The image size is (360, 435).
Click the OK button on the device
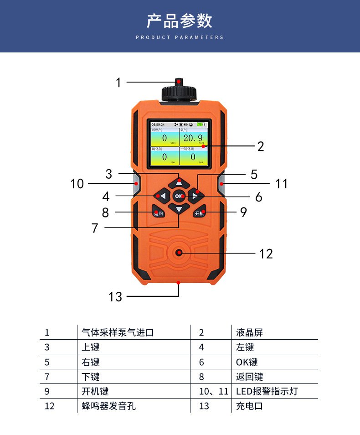(178, 196)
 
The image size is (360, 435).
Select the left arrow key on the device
(161, 196)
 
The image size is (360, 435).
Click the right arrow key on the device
(195, 197)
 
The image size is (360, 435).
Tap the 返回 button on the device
(158, 212)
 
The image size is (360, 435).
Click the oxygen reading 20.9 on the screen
(193, 138)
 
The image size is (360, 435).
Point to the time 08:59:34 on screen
(158, 124)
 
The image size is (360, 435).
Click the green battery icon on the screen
(201, 124)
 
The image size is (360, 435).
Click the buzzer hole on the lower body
(179, 253)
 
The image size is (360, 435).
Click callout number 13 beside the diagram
(115, 297)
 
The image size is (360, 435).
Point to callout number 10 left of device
(77, 184)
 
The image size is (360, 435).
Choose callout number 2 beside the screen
(260, 146)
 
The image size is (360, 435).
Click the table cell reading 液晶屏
(249, 332)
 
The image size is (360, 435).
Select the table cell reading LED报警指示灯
(267, 391)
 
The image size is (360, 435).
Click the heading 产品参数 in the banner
(180, 21)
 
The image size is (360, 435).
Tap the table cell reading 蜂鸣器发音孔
(108, 406)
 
